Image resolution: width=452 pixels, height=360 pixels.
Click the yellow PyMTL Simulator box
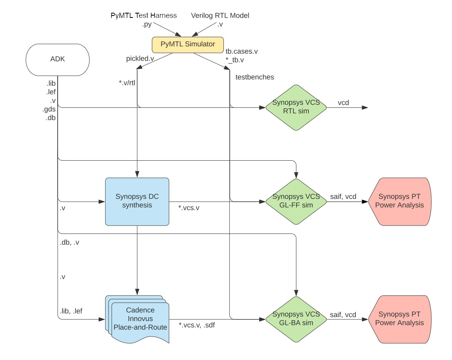(188, 45)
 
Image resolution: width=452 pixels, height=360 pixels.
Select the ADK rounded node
(57, 59)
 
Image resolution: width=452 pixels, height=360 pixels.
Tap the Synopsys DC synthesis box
(137, 201)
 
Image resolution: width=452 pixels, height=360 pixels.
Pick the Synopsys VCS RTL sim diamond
(296, 107)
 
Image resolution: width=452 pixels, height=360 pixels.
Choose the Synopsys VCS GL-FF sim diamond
(296, 201)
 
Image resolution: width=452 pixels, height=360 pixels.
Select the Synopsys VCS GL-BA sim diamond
(296, 319)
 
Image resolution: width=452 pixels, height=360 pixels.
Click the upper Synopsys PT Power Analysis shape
(399, 201)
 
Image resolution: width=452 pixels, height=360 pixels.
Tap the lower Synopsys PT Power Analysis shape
(399, 319)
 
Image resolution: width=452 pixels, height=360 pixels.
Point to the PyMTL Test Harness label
(143, 16)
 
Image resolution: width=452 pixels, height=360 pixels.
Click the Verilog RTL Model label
(220, 16)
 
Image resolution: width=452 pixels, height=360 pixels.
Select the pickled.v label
(140, 58)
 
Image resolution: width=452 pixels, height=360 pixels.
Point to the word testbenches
(254, 77)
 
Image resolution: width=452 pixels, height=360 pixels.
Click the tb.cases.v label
(242, 52)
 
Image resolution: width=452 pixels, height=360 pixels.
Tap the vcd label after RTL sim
(343, 103)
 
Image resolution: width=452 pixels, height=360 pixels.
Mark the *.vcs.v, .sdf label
(197, 325)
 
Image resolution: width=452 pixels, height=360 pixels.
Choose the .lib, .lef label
(71, 311)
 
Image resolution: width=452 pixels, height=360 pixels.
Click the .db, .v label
(69, 242)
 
